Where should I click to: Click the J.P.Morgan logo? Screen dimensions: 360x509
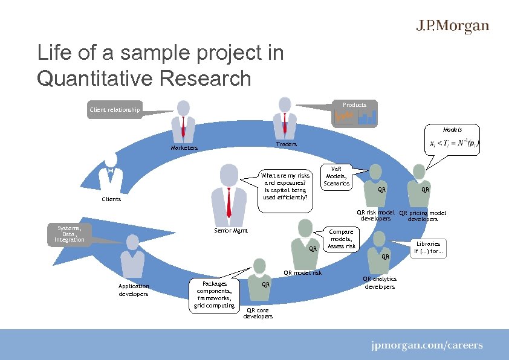click(452, 27)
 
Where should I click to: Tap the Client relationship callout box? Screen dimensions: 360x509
click(115, 110)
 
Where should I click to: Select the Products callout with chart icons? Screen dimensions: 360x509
click(354, 113)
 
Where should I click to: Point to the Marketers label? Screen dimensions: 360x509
click(184, 147)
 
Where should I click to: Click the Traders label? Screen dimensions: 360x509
click(286, 144)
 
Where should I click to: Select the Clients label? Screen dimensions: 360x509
click(111, 199)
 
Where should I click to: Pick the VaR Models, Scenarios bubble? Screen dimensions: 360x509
click(336, 176)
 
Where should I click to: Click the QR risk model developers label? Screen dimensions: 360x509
click(375, 216)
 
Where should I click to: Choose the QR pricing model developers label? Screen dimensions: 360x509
click(423, 216)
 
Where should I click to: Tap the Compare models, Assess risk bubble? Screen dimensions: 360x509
click(342, 239)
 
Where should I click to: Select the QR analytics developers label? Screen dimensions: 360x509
click(380, 282)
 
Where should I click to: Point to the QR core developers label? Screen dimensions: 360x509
click(258, 313)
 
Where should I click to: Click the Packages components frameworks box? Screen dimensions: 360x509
click(215, 294)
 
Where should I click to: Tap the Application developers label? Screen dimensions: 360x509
click(134, 290)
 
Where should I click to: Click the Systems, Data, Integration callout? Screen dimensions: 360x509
click(70, 234)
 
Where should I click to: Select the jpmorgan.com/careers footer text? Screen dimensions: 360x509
click(427, 346)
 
